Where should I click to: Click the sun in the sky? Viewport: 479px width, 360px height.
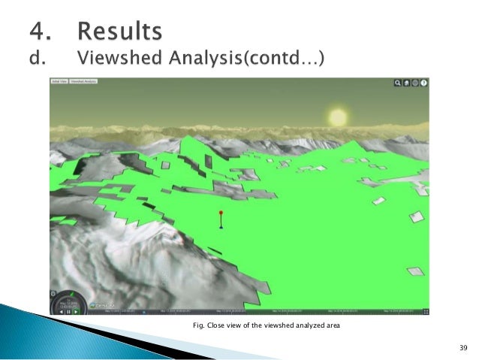tap(338, 117)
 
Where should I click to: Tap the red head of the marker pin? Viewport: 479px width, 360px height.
tap(221, 213)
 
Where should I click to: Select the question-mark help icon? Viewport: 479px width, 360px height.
tap(424, 83)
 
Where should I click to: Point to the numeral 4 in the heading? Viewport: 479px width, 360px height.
tap(39, 32)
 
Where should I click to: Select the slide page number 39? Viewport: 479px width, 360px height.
tap(462, 347)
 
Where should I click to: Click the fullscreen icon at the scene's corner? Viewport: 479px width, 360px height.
tap(426, 310)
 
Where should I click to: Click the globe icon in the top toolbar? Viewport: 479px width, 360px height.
tap(414, 83)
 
